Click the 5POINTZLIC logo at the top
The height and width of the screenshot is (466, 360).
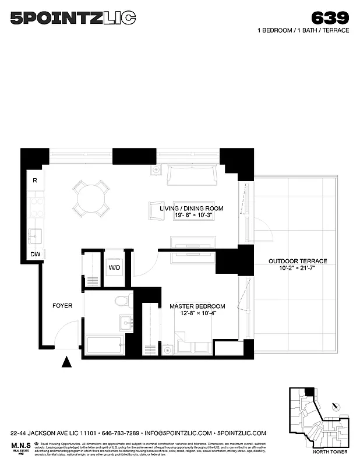tap(73, 19)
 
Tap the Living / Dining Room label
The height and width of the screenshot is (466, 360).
tap(192, 208)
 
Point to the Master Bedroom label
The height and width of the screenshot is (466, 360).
tap(197, 306)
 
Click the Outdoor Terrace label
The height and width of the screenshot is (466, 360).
tap(298, 261)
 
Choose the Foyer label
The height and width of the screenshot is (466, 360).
tap(62, 305)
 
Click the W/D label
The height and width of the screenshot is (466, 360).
tap(114, 268)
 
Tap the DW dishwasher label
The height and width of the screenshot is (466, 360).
tap(36, 254)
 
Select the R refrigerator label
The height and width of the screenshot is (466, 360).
tap(35, 181)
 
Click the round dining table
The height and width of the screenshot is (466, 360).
tap(90, 199)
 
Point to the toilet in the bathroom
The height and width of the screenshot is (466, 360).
tap(122, 301)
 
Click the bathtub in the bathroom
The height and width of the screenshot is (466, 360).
tap(105, 344)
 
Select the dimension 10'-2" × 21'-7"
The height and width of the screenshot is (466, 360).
tap(298, 269)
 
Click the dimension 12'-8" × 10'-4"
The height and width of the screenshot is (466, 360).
tap(197, 314)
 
